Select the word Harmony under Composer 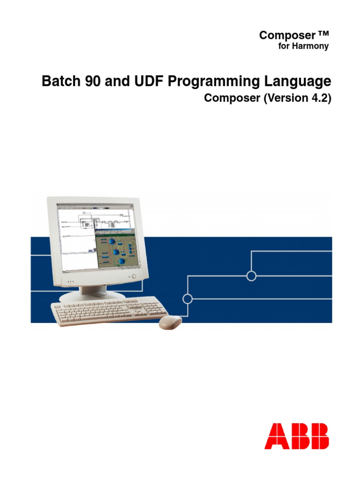click(313, 46)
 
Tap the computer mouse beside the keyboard click(170, 322)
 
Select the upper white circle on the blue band click(251, 276)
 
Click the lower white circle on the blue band click(187, 299)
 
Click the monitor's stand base click(93, 297)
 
